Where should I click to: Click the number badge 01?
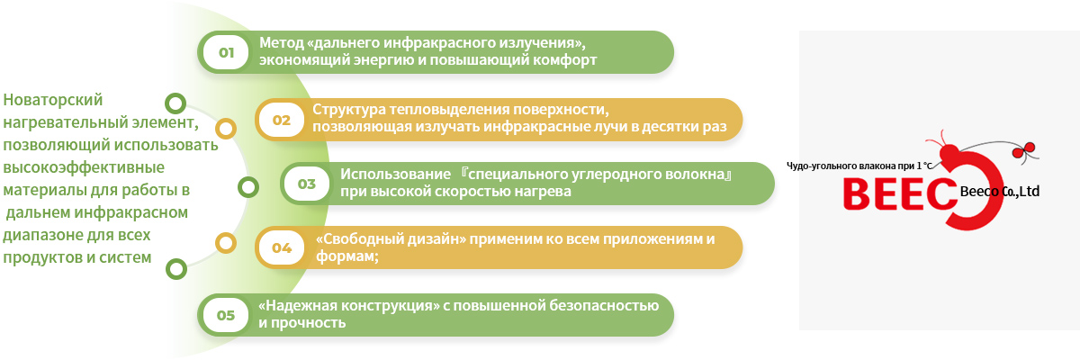click(x=226, y=52)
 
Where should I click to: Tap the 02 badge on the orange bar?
click(x=282, y=120)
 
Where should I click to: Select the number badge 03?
click(x=307, y=184)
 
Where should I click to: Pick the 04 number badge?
click(x=282, y=247)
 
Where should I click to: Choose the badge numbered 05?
click(x=226, y=315)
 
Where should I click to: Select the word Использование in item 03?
click(x=395, y=175)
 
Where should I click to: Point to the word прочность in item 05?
click(x=308, y=323)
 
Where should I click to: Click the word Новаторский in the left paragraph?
click(x=52, y=100)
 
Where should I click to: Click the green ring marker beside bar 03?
click(x=248, y=187)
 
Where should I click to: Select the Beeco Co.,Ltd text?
click(x=1000, y=192)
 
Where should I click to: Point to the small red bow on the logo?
click(x=1023, y=150)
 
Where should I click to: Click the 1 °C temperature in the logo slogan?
click(x=924, y=166)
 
